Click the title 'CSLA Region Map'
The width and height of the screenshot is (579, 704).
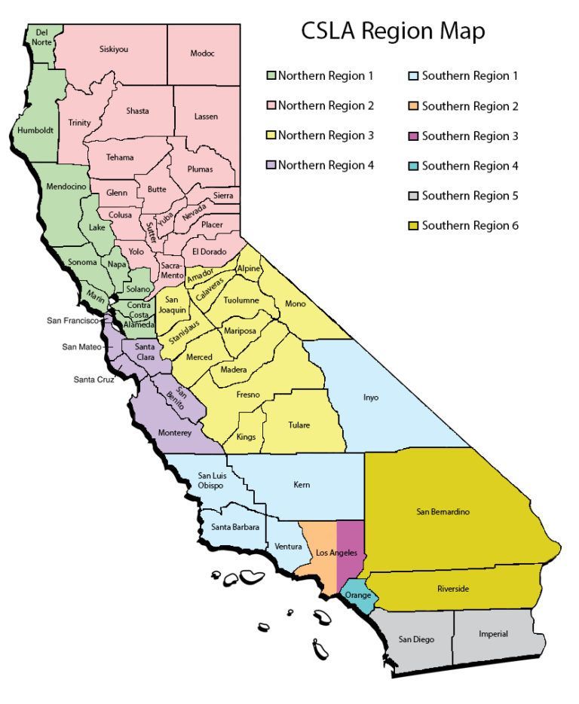pyautogui.click(x=393, y=31)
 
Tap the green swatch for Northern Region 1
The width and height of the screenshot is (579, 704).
pyautogui.click(x=271, y=76)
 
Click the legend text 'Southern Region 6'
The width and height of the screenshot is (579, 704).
pyautogui.click(x=470, y=225)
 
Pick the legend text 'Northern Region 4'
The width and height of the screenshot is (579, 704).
pyautogui.click(x=326, y=166)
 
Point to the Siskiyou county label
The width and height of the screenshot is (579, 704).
pyautogui.click(x=114, y=49)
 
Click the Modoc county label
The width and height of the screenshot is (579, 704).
pyautogui.click(x=203, y=53)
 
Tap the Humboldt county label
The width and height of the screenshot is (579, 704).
pyautogui.click(x=32, y=131)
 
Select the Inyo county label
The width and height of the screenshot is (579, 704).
pyautogui.click(x=371, y=397)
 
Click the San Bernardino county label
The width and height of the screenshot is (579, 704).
pyautogui.click(x=443, y=512)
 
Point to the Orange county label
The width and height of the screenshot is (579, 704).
pyautogui.click(x=358, y=595)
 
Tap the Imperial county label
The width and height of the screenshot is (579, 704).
pyautogui.click(x=493, y=634)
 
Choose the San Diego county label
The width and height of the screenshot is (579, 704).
pyautogui.click(x=416, y=639)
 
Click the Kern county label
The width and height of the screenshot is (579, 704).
pyautogui.click(x=301, y=485)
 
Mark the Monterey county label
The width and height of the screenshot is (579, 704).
pyautogui.click(x=176, y=433)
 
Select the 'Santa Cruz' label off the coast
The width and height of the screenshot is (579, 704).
pyautogui.click(x=93, y=379)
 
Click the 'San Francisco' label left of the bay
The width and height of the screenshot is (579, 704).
pyautogui.click(x=72, y=320)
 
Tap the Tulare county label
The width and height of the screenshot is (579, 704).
pyautogui.click(x=299, y=425)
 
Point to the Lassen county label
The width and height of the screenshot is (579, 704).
pyautogui.click(x=206, y=117)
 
